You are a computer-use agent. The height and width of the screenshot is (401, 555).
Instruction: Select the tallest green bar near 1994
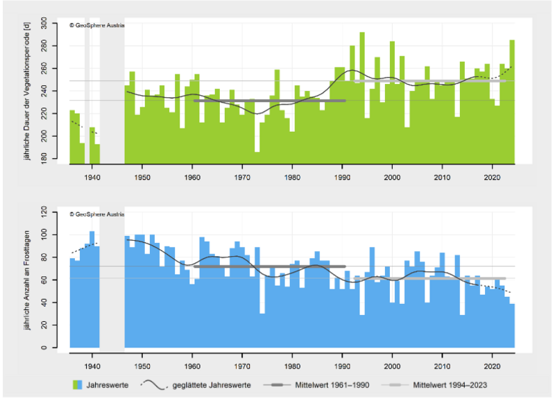coord(362,97)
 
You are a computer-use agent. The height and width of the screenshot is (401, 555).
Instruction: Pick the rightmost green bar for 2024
coord(512,104)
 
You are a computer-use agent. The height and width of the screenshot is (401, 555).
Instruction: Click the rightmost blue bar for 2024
coord(512,326)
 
